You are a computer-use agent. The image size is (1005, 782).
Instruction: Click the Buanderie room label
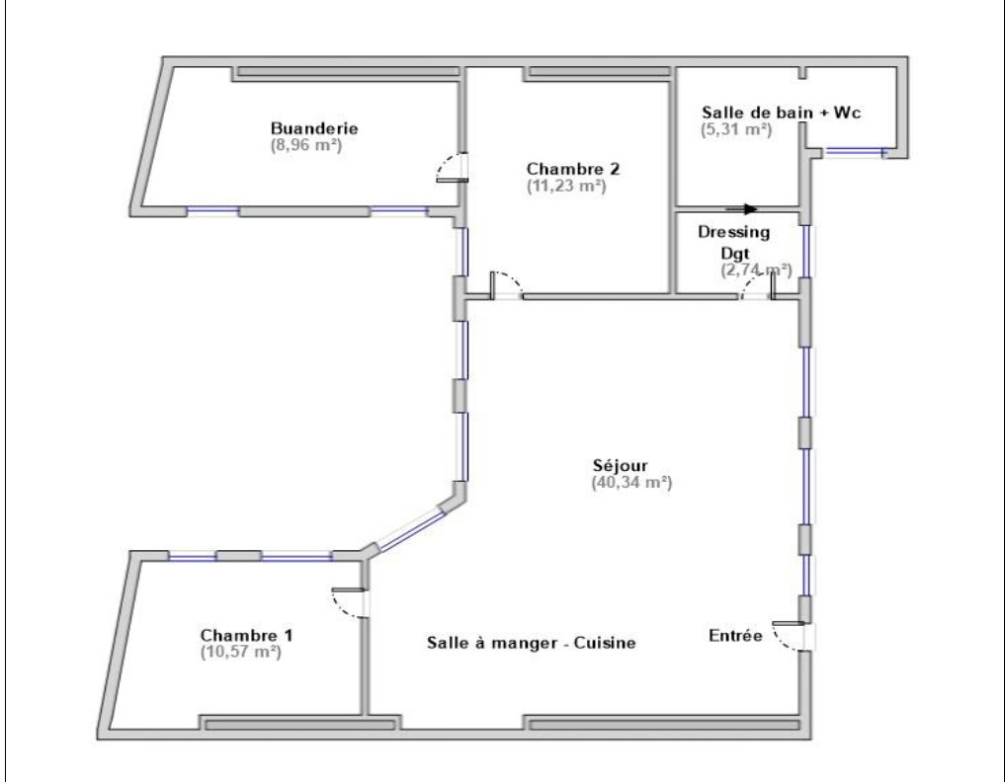click(x=314, y=128)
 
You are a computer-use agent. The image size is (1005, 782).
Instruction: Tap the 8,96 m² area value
click(x=306, y=145)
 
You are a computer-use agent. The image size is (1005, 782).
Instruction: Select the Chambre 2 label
click(x=573, y=169)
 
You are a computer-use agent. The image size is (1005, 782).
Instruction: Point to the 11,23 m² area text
click(x=566, y=187)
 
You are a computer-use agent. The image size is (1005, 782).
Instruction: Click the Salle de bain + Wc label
click(x=782, y=113)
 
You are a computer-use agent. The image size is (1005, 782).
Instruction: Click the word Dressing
click(x=734, y=232)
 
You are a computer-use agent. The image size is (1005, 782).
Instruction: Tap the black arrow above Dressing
click(x=741, y=208)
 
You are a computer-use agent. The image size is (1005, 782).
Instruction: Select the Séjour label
click(x=620, y=466)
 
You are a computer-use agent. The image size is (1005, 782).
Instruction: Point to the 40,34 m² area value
click(x=631, y=483)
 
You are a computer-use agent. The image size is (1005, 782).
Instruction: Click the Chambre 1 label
click(x=247, y=635)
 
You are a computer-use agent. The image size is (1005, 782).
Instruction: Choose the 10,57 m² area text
click(x=241, y=653)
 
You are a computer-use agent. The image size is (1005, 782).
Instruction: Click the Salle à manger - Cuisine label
click(x=532, y=643)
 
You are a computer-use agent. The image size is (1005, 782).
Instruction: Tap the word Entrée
click(x=736, y=635)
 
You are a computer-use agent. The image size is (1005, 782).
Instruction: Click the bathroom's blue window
click(x=854, y=152)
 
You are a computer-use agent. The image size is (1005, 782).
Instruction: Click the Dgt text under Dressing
click(x=735, y=254)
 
